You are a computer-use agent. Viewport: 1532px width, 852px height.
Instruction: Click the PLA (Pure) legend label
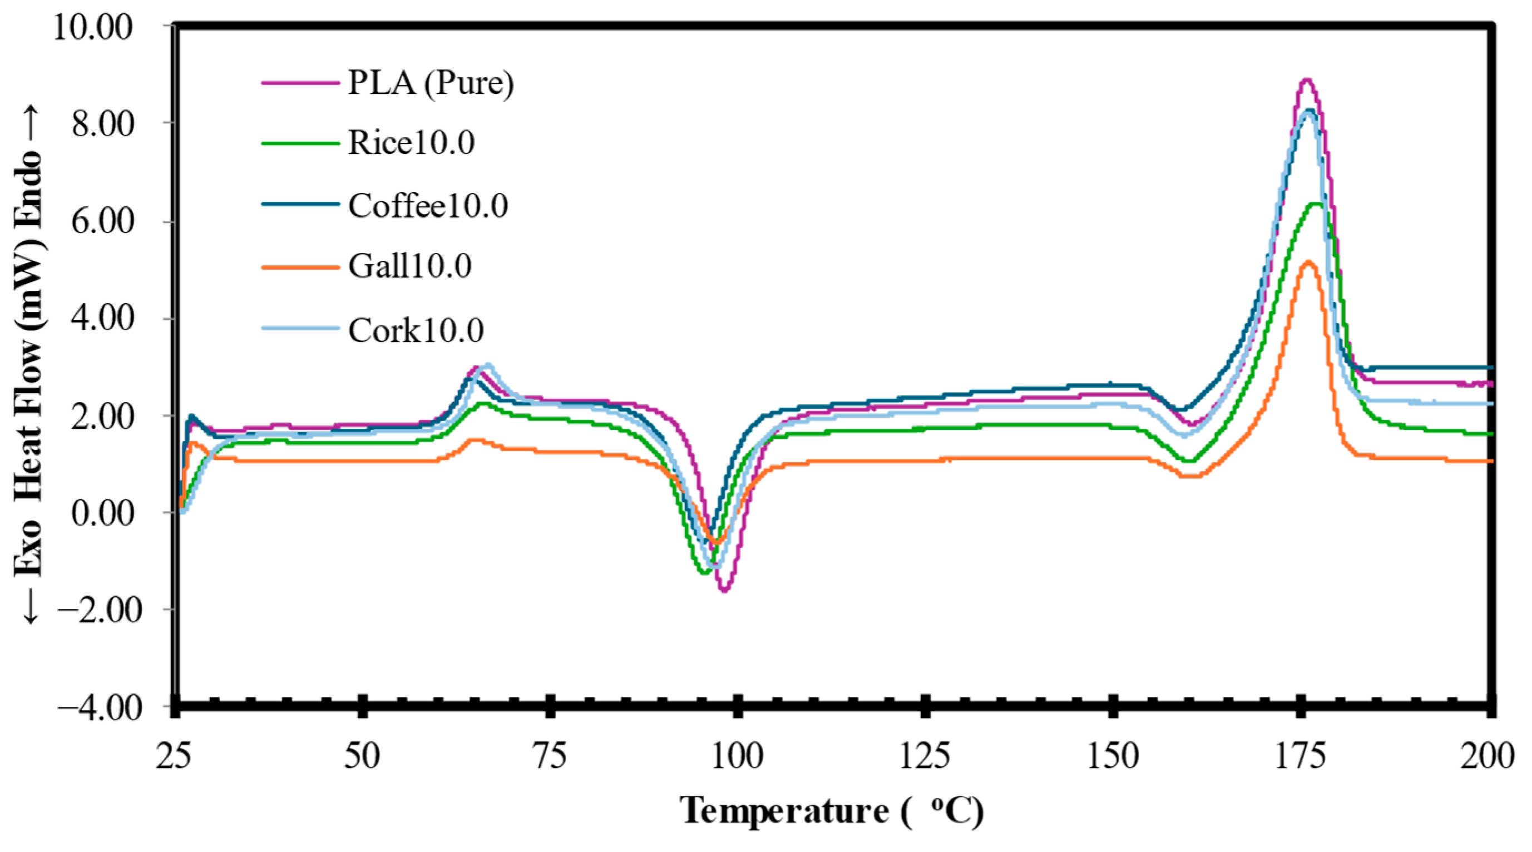coord(431,82)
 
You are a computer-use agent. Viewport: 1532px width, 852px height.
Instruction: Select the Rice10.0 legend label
coord(411,143)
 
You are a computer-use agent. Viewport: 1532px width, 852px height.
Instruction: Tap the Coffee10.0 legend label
coord(428,206)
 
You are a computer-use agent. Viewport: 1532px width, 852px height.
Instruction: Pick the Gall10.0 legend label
coord(410,266)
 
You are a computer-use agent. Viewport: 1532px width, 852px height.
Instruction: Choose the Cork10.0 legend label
coord(416,330)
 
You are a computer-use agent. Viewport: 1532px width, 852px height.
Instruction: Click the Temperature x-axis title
coord(785,810)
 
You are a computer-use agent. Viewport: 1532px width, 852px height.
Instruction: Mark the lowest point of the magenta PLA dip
coord(724,591)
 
